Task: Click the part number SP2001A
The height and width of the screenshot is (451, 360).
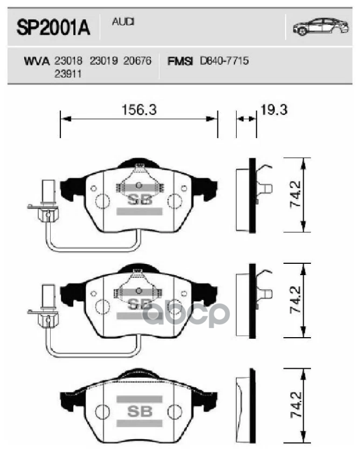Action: (54, 29)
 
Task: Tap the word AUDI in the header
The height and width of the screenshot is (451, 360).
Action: (123, 21)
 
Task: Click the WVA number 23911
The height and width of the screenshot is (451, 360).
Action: (68, 73)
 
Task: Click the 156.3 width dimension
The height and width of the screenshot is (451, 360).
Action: (139, 110)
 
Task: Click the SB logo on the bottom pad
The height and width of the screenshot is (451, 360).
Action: (139, 410)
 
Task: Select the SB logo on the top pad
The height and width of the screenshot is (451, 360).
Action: (139, 199)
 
